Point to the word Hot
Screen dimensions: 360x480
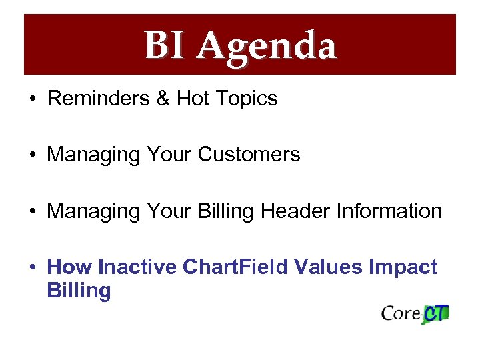192,99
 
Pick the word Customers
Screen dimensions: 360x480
249,155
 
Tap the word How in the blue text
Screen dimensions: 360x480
70,267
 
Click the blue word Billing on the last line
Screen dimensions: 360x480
79,291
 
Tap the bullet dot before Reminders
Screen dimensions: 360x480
33,99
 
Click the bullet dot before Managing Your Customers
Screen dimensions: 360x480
33,155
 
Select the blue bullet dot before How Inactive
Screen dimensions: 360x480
33,268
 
